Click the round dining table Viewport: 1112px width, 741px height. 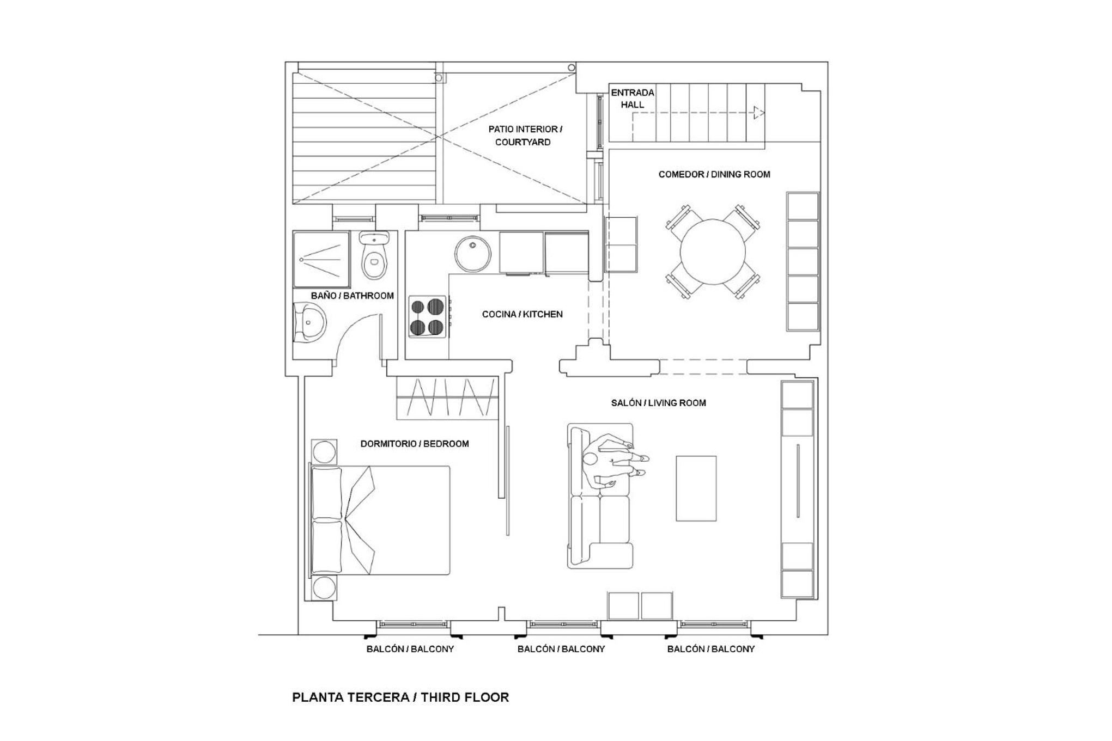713,252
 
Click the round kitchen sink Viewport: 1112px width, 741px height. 473,253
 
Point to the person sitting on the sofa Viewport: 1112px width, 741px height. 613,461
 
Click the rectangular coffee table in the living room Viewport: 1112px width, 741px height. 696,488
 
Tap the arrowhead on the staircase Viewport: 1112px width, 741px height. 759,113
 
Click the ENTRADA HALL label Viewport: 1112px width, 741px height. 633,99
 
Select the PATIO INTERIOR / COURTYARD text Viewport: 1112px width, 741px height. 525,136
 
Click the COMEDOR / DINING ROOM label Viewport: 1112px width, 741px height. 714,174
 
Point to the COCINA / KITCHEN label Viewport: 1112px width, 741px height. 522,314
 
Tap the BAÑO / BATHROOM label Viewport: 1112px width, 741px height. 352,296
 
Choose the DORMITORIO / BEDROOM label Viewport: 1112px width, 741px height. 415,444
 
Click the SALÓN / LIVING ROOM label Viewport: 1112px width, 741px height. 658,403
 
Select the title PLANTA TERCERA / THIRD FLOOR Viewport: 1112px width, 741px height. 400,697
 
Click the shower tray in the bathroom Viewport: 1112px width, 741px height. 321,259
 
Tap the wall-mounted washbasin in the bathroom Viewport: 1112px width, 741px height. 309,322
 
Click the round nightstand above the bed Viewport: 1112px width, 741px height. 324,452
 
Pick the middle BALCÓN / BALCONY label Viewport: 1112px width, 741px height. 561,649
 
